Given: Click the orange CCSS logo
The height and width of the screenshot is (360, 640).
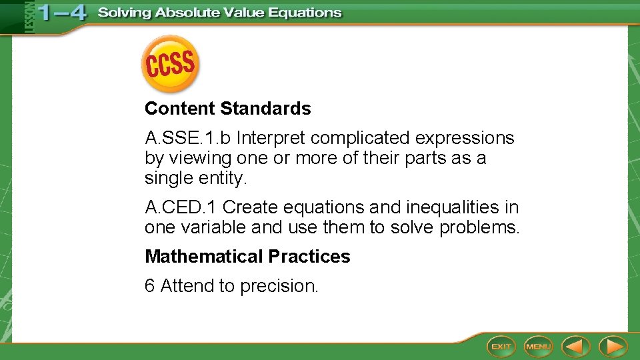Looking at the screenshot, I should click(170, 64).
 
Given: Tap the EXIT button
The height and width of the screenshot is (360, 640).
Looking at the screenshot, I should click(501, 346).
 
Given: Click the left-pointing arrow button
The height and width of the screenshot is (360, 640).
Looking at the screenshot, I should click(575, 346).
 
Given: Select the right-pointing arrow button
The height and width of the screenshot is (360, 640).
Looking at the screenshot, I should click(613, 346).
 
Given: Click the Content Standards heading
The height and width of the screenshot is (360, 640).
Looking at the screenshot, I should click(227, 109).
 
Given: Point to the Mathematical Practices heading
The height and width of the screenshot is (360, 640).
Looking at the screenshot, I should click(247, 257).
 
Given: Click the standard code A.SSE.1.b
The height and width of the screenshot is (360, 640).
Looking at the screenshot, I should click(188, 138).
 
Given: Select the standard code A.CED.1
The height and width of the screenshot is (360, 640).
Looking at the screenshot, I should click(181, 208).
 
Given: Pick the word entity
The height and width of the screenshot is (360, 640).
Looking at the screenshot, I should click(223, 179).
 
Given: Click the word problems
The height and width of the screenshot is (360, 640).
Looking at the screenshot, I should click(479, 228).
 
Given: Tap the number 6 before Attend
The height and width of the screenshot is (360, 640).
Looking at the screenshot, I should click(150, 286).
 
